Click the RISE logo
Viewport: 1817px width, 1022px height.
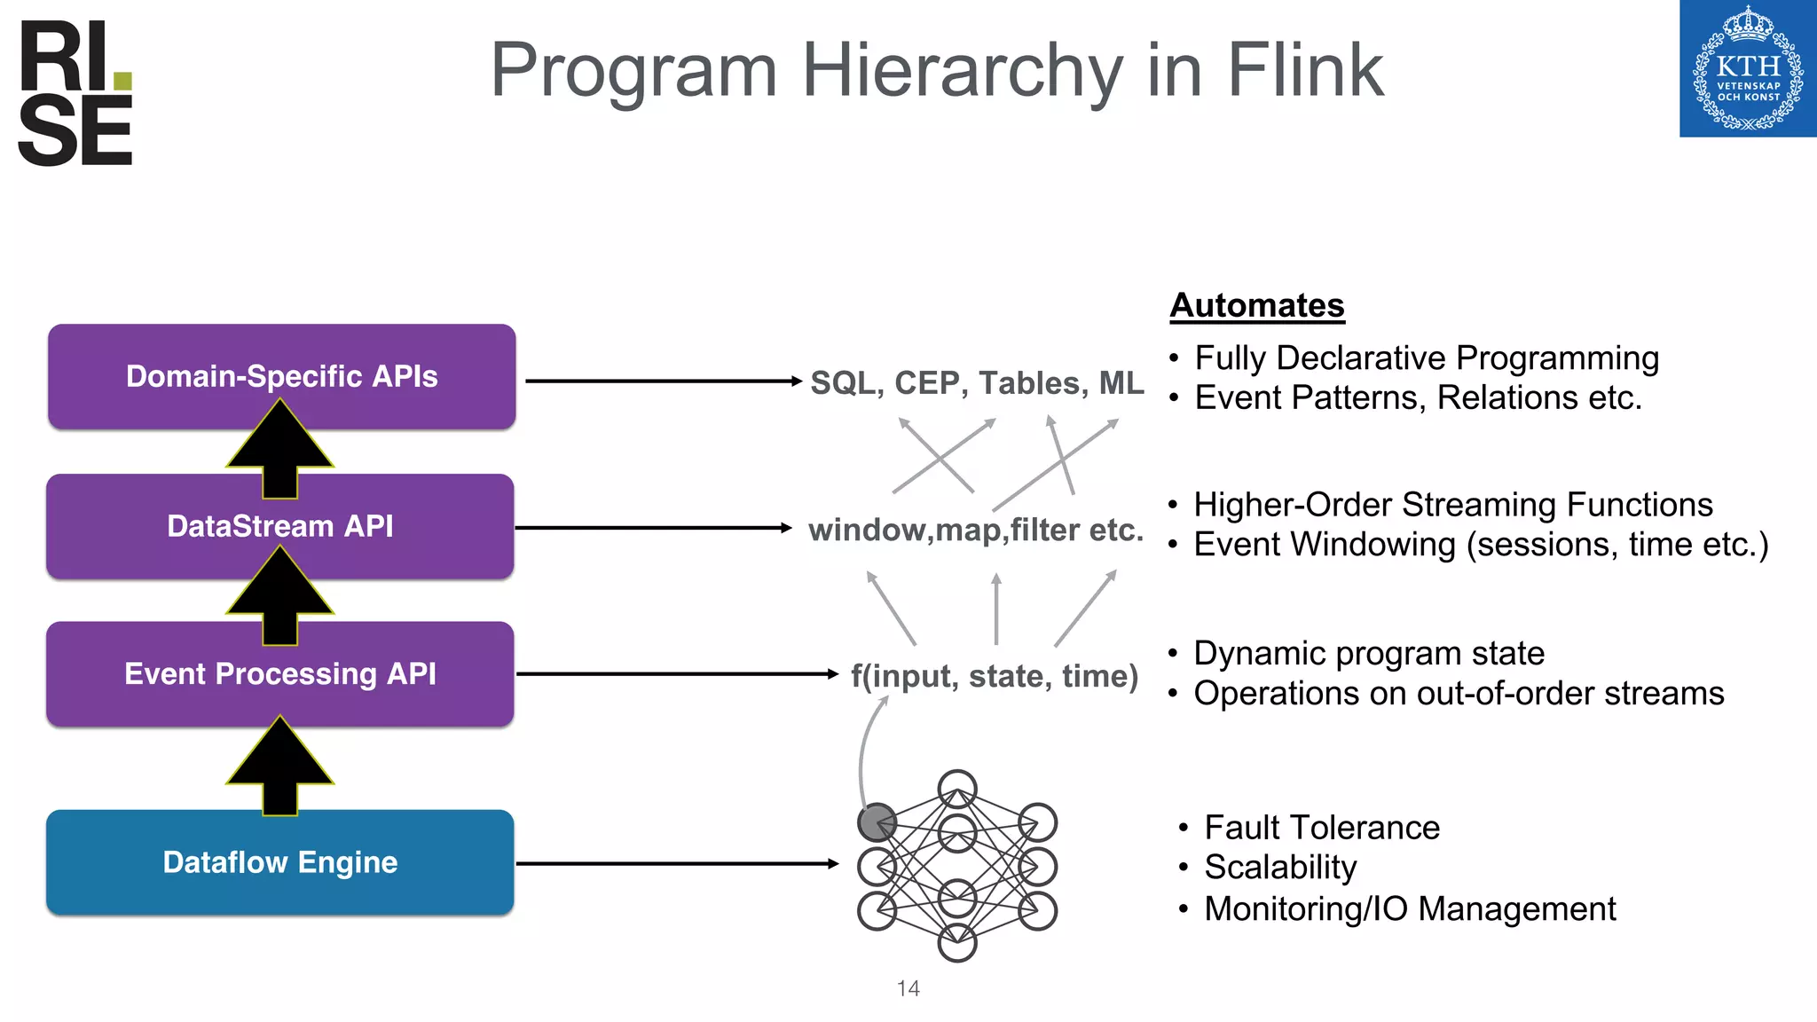(x=75, y=93)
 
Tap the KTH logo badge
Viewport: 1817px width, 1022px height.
(x=1747, y=69)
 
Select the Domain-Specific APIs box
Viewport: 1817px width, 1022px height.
(x=281, y=376)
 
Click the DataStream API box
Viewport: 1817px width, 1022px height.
(x=280, y=526)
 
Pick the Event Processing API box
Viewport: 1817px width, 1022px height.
(x=280, y=674)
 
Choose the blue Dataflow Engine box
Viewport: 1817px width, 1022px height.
(x=280, y=862)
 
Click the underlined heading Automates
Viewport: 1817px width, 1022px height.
(x=1256, y=305)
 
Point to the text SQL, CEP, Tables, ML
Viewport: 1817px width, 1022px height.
(x=977, y=383)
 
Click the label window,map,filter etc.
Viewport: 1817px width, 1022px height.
(x=975, y=530)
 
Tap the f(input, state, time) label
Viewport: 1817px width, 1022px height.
(x=994, y=676)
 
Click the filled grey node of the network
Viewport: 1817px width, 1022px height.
(x=877, y=822)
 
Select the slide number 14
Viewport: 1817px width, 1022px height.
(x=908, y=988)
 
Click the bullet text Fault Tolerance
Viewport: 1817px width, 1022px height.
(x=1321, y=828)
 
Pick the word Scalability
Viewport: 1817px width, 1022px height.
(x=1279, y=868)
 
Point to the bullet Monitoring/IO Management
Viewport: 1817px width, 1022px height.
(x=1409, y=909)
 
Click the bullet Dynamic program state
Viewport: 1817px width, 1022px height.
(x=1368, y=654)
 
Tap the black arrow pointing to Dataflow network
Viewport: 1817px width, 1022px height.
(x=676, y=863)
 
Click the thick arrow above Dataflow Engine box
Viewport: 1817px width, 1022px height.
(x=280, y=765)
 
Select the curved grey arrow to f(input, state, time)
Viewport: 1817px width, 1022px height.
(x=863, y=745)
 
